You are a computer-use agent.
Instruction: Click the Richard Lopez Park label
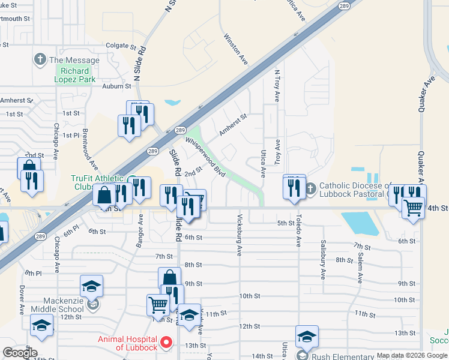pos(75,75)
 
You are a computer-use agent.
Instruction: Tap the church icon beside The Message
pos(40,59)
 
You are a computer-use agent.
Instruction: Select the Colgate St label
pos(118,46)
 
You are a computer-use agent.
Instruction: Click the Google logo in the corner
pos(20,353)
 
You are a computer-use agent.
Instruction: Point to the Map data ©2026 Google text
pos(411,355)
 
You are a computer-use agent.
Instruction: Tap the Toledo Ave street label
pos(298,233)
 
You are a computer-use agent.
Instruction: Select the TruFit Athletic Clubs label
pos(98,182)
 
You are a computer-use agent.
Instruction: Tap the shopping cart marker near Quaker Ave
pos(413,208)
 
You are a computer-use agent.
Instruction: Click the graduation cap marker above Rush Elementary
pos(306,337)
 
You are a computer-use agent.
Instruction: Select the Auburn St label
pos(116,86)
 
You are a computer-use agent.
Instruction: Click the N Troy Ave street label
pos(277,85)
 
